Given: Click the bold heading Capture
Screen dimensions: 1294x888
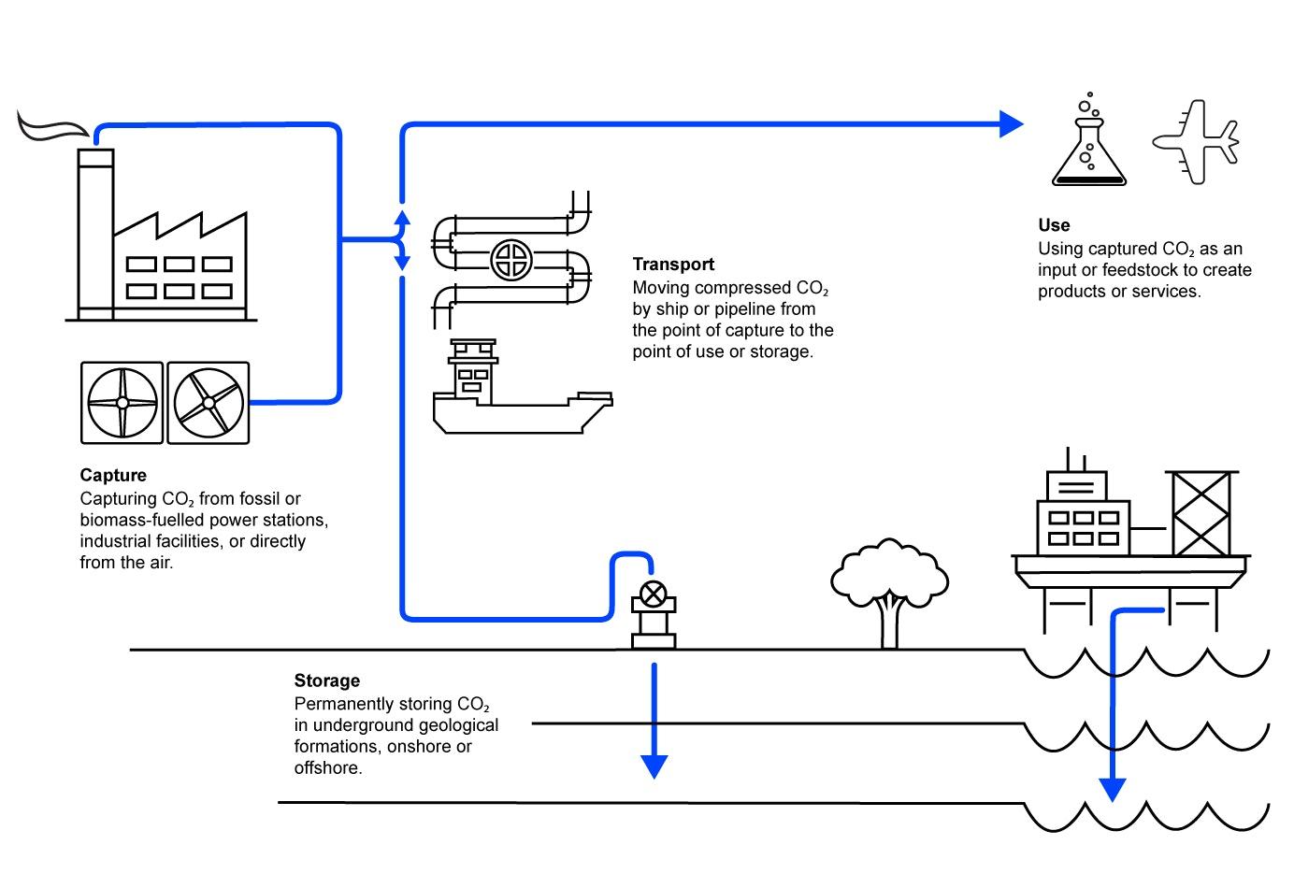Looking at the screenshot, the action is (x=113, y=475).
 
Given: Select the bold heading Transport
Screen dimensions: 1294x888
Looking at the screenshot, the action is (x=673, y=264).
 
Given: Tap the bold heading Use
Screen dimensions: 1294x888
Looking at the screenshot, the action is (x=1055, y=224).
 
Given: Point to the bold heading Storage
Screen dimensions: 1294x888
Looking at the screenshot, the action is (x=327, y=680).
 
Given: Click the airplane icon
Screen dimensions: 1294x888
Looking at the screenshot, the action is (x=1196, y=142).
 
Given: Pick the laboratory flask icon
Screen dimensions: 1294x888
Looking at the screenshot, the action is (x=1089, y=139).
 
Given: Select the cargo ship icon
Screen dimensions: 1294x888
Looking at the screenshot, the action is (x=523, y=386).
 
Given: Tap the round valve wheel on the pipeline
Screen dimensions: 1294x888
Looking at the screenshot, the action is (x=511, y=260).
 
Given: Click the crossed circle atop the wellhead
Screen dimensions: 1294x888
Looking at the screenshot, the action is (x=654, y=594).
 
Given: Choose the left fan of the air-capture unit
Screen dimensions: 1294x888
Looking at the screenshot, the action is (x=122, y=403).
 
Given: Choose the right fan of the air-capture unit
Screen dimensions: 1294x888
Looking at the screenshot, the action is (x=208, y=403).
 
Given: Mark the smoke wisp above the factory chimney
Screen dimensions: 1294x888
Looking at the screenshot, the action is (x=52, y=127).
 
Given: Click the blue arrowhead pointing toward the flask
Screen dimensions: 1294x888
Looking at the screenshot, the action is (x=1011, y=123).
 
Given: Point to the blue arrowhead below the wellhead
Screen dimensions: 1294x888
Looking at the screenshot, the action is (x=654, y=766).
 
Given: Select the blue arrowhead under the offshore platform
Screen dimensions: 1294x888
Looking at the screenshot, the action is (x=1112, y=790).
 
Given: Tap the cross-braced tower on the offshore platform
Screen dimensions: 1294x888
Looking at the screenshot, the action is (x=1201, y=514).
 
